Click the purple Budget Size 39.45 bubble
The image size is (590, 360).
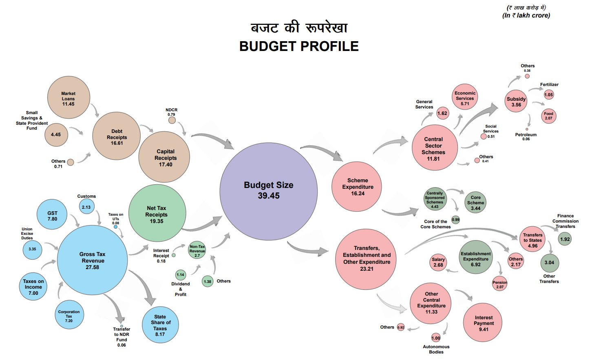(x=268, y=191)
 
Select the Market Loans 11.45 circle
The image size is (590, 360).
(x=68, y=98)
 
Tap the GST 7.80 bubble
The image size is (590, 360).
(x=52, y=215)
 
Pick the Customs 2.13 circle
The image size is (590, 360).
(x=86, y=207)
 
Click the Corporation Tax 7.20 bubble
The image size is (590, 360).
(x=69, y=315)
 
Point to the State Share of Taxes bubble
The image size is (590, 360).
(x=160, y=325)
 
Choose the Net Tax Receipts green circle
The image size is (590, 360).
(x=157, y=213)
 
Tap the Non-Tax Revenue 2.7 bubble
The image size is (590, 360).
(x=197, y=250)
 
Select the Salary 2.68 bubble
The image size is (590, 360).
(x=438, y=262)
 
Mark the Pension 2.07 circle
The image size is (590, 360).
(x=500, y=284)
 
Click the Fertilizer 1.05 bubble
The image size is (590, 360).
(x=549, y=95)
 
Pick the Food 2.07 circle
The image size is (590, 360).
(x=548, y=116)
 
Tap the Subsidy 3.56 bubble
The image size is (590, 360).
(x=516, y=102)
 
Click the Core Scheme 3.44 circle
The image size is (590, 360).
(x=475, y=203)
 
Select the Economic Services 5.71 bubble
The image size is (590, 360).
(x=465, y=98)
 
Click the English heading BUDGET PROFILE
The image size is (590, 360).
(x=299, y=46)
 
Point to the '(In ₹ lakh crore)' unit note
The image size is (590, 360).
(x=526, y=15)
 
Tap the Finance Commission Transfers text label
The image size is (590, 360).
(x=565, y=221)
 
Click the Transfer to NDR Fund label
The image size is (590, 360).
(x=122, y=337)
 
